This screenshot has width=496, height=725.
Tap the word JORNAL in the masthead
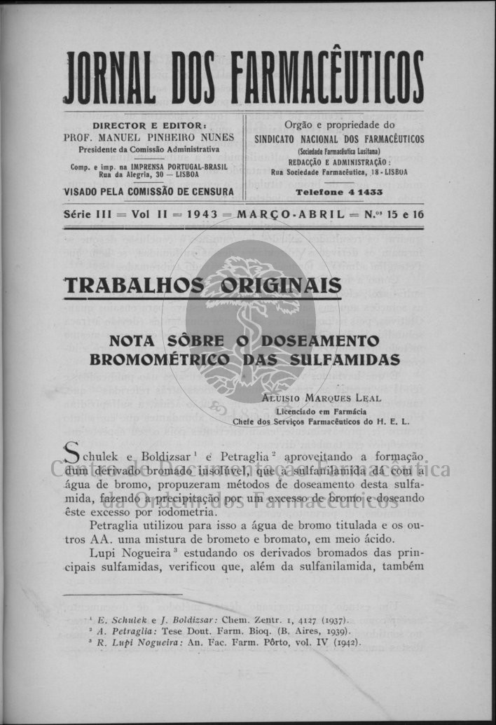point(109,76)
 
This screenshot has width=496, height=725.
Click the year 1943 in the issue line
point(202,214)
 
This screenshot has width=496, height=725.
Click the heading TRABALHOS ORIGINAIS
point(202,286)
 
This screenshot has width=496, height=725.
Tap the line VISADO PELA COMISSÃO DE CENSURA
point(149,191)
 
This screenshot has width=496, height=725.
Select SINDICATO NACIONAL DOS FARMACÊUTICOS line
point(339,139)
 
